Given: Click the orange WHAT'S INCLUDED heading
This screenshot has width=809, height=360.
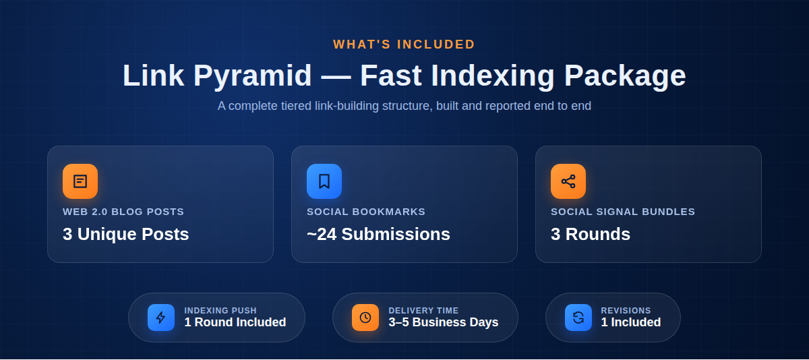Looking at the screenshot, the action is (404, 44).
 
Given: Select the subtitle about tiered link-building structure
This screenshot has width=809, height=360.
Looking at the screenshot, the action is (404, 106).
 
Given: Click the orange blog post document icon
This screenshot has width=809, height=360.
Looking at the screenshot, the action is (80, 181).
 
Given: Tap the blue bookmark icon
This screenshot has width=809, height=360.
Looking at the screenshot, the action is (324, 181).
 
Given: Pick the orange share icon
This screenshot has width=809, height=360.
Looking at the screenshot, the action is (568, 181).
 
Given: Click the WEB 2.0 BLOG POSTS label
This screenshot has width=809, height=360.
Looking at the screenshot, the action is (123, 212).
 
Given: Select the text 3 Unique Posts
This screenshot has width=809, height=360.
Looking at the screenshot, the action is (125, 234).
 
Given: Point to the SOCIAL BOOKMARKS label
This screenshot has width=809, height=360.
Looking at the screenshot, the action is (366, 212).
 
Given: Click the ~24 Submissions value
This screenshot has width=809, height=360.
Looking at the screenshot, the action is (378, 234).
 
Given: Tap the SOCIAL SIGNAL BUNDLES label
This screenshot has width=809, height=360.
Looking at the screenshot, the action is (623, 212).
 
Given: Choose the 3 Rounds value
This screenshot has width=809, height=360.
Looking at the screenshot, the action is (591, 234).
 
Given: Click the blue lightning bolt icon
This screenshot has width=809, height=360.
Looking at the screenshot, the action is (161, 318).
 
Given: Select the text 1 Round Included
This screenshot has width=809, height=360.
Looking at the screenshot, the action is (235, 322).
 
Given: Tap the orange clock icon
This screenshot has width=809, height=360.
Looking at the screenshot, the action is (365, 318).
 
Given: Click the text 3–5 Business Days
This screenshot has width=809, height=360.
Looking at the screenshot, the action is (444, 322).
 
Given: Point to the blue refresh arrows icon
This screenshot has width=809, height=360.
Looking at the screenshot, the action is (578, 318).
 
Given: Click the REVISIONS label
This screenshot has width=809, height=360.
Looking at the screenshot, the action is (626, 311).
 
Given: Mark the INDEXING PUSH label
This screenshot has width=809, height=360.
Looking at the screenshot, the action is (220, 311).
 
